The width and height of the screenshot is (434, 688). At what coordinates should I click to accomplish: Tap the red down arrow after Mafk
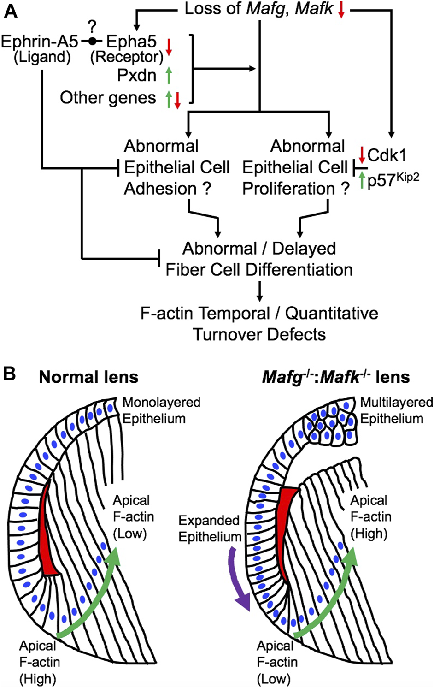(x=341, y=10)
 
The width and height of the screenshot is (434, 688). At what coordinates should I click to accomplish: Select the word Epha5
(x=131, y=42)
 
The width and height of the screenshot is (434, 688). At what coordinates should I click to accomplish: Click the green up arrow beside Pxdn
(x=169, y=75)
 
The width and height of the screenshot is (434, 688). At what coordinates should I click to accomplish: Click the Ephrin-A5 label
(x=40, y=42)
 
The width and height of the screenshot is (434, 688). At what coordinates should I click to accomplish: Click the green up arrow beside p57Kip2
(x=362, y=180)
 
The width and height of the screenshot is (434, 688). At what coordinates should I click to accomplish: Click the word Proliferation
(x=289, y=189)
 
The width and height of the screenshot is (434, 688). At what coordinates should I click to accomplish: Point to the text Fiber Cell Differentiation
(x=259, y=270)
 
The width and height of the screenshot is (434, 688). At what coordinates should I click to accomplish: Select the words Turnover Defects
(x=259, y=334)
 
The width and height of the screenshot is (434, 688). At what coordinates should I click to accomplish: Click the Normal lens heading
(x=88, y=377)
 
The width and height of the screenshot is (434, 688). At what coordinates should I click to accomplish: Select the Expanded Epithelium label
(x=210, y=528)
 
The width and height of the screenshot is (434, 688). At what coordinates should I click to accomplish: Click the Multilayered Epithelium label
(x=396, y=410)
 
